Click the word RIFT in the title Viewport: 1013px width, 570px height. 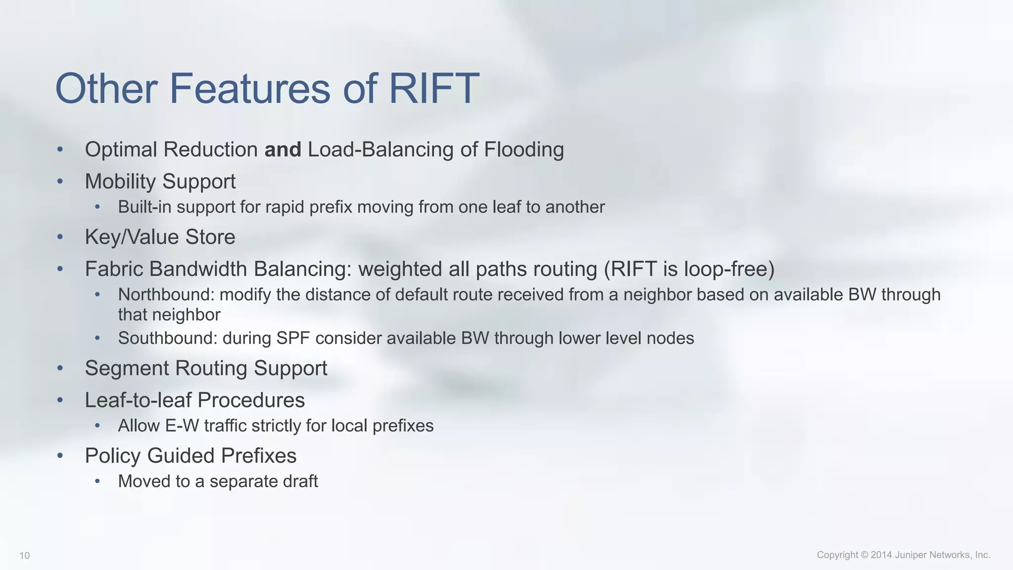tap(434, 89)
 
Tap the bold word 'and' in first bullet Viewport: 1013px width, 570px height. tap(282, 149)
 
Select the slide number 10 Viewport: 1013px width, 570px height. tap(25, 556)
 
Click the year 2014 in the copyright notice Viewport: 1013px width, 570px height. tap(881, 555)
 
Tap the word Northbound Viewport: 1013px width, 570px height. tap(165, 295)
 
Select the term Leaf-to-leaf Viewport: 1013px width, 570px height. tap(138, 400)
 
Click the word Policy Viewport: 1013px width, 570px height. tap(113, 456)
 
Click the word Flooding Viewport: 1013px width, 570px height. tap(524, 149)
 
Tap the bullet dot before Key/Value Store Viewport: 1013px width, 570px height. tap(60, 237)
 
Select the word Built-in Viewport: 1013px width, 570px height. tap(144, 207)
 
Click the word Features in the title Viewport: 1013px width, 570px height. tap(250, 89)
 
